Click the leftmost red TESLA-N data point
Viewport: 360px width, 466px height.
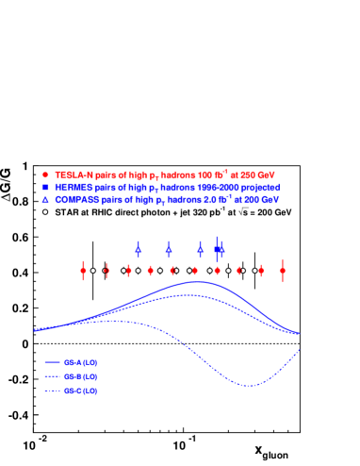click(x=83, y=271)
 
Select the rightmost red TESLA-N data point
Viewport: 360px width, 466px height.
click(x=283, y=271)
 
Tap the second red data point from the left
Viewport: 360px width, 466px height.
click(x=106, y=271)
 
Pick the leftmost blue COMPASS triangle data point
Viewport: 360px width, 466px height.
click(x=139, y=248)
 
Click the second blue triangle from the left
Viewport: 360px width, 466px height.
click(x=169, y=248)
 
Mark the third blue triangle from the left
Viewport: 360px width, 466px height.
click(x=200, y=248)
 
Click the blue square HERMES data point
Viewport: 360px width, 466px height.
click(x=217, y=249)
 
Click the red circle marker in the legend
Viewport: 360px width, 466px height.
click(x=45, y=175)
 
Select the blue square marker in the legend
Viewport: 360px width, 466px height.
click(x=45, y=187)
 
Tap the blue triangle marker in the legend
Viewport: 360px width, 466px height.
click(x=45, y=199)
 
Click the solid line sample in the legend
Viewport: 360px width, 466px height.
click(x=53, y=361)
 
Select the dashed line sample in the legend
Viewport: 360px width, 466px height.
click(x=53, y=375)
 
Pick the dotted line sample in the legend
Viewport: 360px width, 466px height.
click(x=53, y=390)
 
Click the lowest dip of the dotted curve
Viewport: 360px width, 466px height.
click(x=249, y=385)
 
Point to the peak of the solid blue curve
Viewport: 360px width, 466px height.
click(x=196, y=281)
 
